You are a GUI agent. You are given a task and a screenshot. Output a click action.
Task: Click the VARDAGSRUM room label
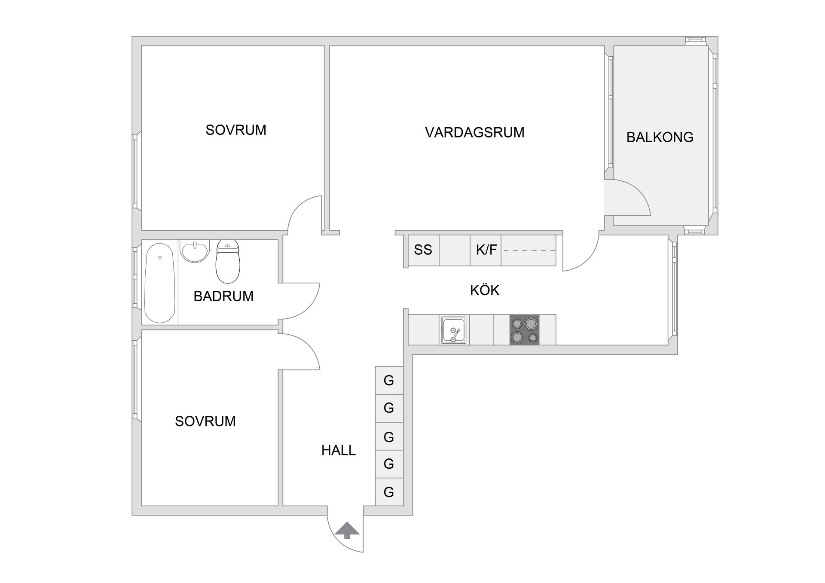474,132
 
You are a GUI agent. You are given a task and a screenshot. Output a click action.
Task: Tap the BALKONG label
660,137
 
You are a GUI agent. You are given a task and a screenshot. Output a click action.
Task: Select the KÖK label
485,290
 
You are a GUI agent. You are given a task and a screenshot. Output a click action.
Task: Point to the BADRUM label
223,296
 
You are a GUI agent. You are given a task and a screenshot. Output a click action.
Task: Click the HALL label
339,450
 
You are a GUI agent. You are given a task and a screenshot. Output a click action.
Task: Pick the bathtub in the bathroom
160,283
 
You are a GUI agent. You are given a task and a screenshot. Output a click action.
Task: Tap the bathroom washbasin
195,251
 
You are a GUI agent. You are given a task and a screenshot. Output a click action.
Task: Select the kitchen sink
453,330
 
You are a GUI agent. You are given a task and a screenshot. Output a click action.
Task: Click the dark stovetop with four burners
524,330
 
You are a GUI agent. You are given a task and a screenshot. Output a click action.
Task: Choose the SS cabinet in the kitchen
423,250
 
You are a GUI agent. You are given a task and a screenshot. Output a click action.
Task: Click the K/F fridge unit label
486,250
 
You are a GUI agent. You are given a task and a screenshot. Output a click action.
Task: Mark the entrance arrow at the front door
347,531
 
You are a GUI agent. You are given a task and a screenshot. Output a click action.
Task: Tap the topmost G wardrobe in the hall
389,381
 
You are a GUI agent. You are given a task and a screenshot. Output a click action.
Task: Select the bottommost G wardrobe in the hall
389,492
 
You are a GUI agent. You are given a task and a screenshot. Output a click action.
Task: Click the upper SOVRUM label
236,130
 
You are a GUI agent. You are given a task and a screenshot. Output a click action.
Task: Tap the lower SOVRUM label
205,421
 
